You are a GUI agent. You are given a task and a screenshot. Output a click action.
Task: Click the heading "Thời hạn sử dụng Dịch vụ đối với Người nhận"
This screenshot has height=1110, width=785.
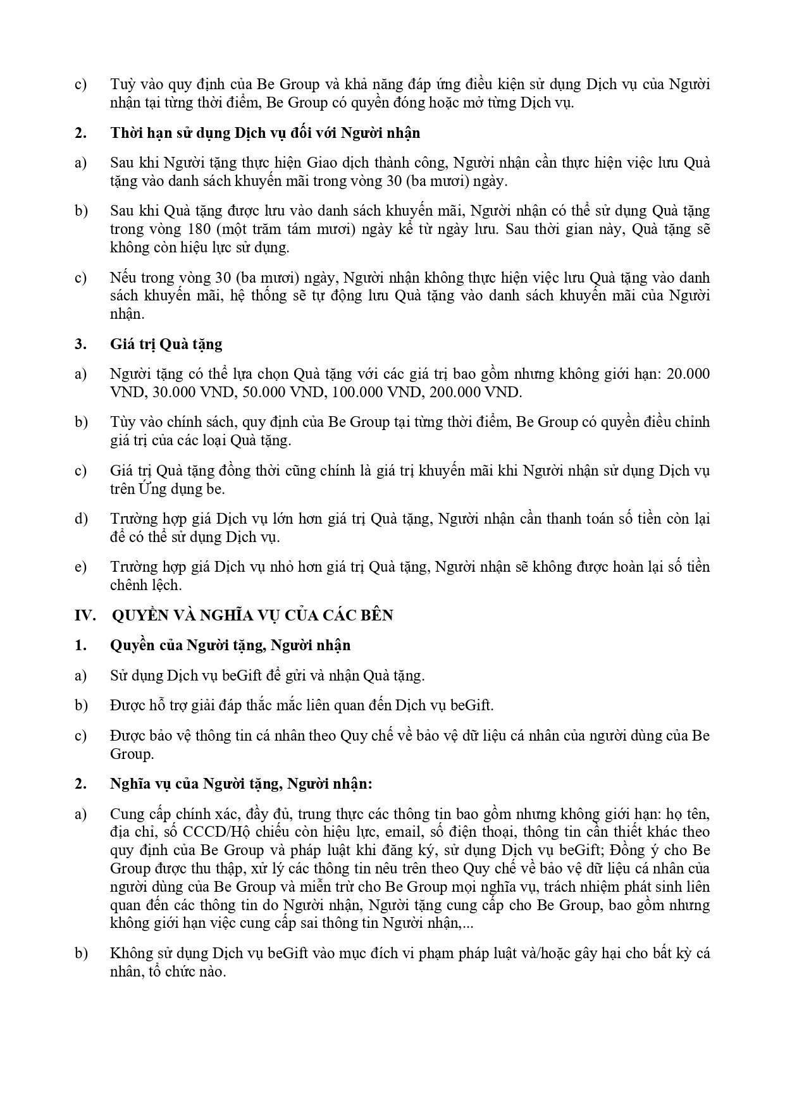pyautogui.click(x=265, y=133)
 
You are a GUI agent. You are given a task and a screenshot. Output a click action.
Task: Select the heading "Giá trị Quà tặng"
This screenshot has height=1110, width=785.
pyautogui.click(x=166, y=344)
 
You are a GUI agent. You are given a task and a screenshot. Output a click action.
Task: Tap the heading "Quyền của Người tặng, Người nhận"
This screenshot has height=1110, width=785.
pyautogui.click(x=230, y=645)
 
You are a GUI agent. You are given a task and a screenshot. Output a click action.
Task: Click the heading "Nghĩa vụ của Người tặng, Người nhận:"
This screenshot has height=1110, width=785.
pyautogui.click(x=242, y=784)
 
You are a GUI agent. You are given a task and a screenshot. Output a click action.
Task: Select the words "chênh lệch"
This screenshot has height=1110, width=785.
pyautogui.click(x=145, y=585)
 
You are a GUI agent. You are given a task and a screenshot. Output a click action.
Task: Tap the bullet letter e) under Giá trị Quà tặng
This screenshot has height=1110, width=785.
pyautogui.click(x=80, y=567)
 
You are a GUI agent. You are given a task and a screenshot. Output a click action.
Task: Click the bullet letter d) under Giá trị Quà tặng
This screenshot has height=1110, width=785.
pyautogui.click(x=80, y=519)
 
